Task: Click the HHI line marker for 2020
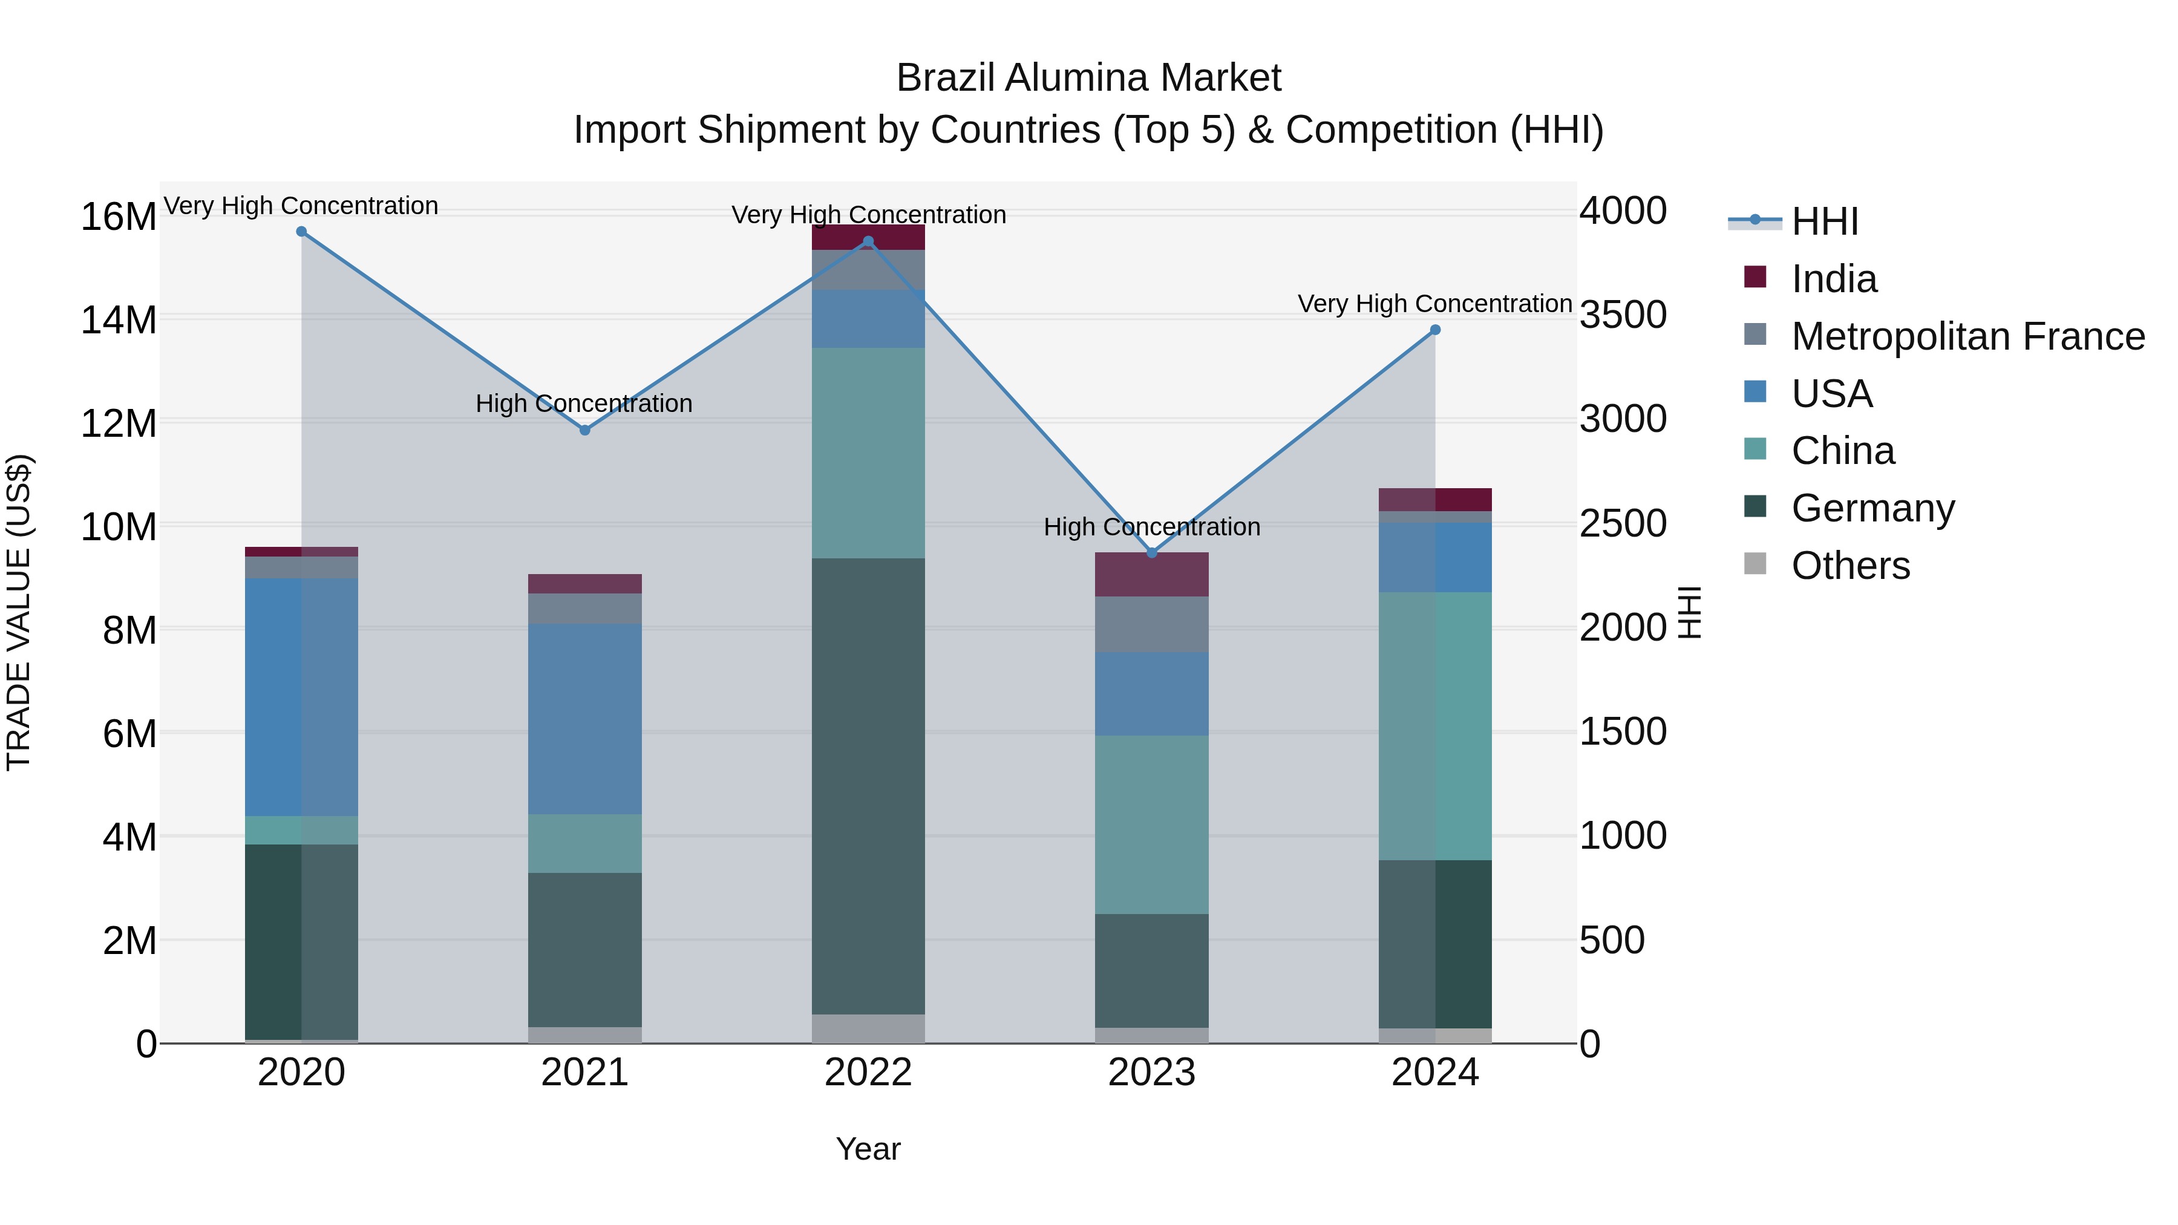click(301, 232)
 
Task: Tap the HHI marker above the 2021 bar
click(584, 430)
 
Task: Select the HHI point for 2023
click(1151, 553)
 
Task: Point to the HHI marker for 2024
click(1435, 330)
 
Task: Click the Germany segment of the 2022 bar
click(868, 786)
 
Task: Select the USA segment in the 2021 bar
click(584, 719)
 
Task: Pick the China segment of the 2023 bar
click(1151, 825)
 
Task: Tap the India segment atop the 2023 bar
click(1151, 575)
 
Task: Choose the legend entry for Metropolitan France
click(1967, 336)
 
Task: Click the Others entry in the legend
click(1850, 566)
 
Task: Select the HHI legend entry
click(1825, 221)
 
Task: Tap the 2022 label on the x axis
click(868, 1073)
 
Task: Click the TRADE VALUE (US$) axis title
click(19, 612)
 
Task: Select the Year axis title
click(868, 1149)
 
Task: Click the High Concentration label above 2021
click(584, 403)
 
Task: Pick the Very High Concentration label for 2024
click(1435, 304)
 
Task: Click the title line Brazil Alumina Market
click(1088, 78)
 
